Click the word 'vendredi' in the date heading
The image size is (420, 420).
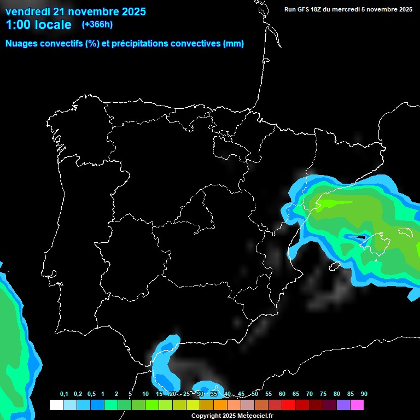27,11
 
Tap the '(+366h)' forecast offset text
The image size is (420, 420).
97,24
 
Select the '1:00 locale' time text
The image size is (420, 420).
38,25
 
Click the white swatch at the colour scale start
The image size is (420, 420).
56,405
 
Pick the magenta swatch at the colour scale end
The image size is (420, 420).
357,405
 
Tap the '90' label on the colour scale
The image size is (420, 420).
364,394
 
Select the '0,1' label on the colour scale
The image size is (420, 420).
63,394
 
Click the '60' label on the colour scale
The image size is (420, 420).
282,394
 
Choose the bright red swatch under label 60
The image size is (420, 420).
289,405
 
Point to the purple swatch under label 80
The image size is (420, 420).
343,405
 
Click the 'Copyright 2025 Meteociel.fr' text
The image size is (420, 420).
232,416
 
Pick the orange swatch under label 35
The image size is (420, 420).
220,405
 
